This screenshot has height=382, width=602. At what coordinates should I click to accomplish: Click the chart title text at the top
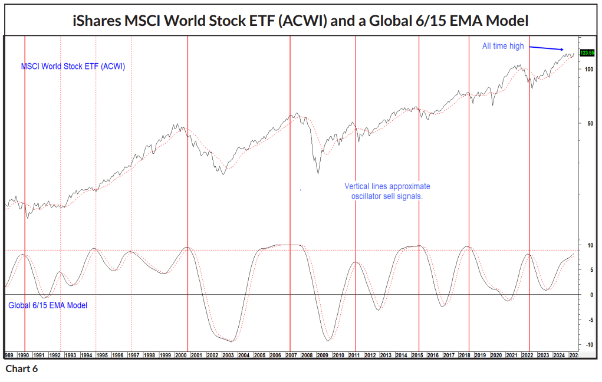coord(300,21)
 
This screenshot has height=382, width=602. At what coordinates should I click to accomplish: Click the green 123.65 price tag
coord(587,53)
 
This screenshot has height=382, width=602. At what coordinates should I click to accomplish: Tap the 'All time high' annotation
coord(503,46)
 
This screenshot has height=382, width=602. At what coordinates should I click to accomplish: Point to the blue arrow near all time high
coord(546,48)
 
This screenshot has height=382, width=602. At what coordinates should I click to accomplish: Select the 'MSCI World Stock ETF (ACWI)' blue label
coord(73,67)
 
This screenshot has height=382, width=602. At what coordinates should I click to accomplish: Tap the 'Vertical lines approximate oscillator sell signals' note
coord(387,191)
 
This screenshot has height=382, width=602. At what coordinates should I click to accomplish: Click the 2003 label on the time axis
coord(229,355)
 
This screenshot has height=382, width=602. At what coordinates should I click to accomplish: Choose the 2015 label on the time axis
coord(417,355)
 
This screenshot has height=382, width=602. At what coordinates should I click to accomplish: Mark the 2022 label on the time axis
coord(528,355)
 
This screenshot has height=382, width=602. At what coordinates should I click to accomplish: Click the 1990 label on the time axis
coord(24,355)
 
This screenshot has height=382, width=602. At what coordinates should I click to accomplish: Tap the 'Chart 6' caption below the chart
coord(21,369)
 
